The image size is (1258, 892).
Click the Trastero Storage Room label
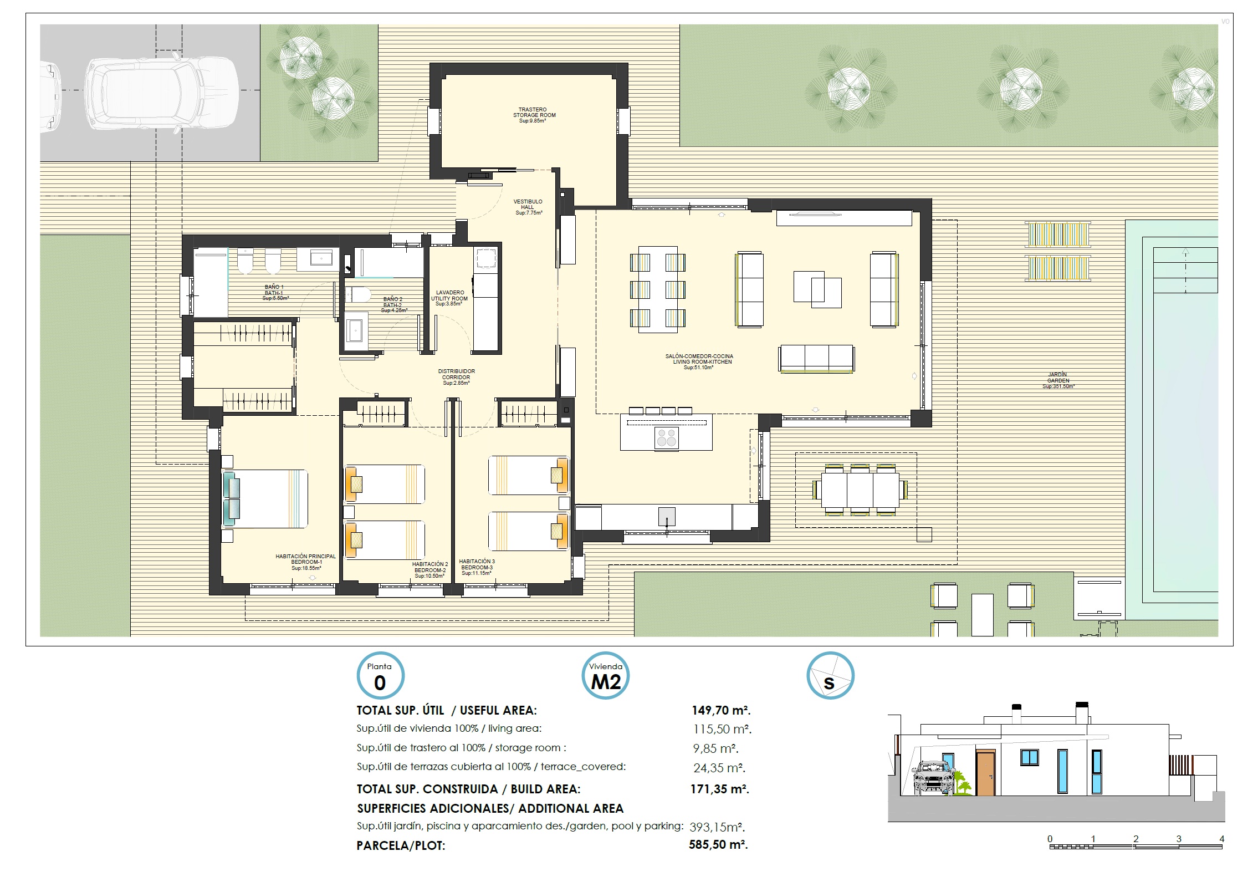click(534, 115)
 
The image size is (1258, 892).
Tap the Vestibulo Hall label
click(528, 207)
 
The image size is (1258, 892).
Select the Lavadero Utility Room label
click(449, 298)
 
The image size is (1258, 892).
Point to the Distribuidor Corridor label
click(456, 377)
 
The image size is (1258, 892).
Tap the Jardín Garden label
click(1058, 380)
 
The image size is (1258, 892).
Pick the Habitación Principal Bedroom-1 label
click(306, 562)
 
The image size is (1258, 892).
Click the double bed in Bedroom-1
click(265, 498)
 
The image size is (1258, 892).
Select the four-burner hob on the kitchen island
click(666, 437)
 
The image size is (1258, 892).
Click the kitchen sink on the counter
click(667, 517)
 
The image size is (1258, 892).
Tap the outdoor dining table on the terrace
click(860, 490)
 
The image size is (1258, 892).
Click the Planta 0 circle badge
click(380, 675)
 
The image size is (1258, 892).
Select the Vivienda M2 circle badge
click(606, 675)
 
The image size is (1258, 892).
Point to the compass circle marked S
click(830, 675)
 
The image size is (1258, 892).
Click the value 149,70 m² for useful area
click(721, 710)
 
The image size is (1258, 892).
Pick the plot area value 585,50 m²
click(719, 845)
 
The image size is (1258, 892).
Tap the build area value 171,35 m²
click(720, 789)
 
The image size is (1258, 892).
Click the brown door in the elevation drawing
click(985, 773)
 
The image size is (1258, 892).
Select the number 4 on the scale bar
click(1222, 839)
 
